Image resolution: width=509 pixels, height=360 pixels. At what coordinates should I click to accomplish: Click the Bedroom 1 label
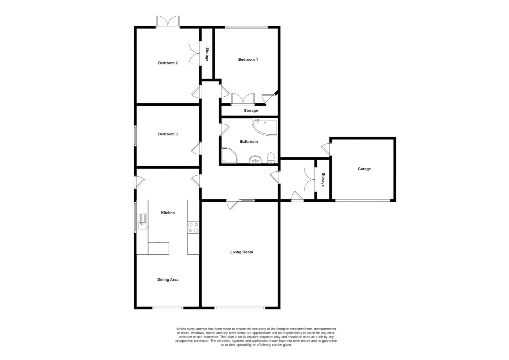[248, 60]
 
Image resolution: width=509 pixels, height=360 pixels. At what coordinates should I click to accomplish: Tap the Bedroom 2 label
[168, 63]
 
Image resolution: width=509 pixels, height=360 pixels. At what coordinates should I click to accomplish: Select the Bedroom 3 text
[168, 134]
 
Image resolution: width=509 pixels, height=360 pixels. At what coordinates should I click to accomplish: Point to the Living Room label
[242, 252]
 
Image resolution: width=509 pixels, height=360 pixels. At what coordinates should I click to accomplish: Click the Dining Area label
[168, 280]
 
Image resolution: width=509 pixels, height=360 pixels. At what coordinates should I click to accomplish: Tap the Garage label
[364, 169]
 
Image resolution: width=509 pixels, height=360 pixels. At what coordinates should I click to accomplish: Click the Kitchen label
[168, 213]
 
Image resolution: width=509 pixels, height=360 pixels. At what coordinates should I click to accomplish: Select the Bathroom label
[249, 142]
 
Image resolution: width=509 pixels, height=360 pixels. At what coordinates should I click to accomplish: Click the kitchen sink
[143, 221]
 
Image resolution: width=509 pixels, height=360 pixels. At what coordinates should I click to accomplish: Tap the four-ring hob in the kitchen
[193, 227]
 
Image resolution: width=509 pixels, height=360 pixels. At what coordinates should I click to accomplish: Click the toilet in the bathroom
[270, 158]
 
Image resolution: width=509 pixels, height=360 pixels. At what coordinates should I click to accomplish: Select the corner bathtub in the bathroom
[264, 127]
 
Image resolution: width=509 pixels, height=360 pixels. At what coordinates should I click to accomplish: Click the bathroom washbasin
[255, 159]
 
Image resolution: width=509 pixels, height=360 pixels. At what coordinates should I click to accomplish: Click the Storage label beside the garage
[323, 180]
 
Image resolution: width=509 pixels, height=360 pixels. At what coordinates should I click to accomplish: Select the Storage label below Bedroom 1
[251, 111]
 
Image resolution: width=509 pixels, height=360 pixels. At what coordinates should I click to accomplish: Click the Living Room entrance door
[232, 205]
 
